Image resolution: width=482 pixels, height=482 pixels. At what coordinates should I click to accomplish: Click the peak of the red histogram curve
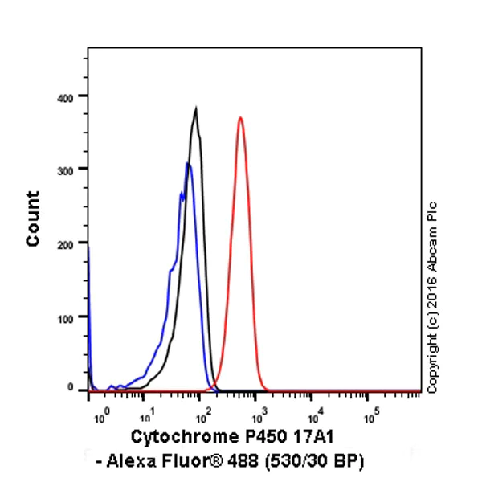click(x=240, y=118)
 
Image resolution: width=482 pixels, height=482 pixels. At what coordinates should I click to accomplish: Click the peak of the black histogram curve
click(x=195, y=108)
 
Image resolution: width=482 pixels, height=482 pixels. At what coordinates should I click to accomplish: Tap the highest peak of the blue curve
click(x=188, y=164)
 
